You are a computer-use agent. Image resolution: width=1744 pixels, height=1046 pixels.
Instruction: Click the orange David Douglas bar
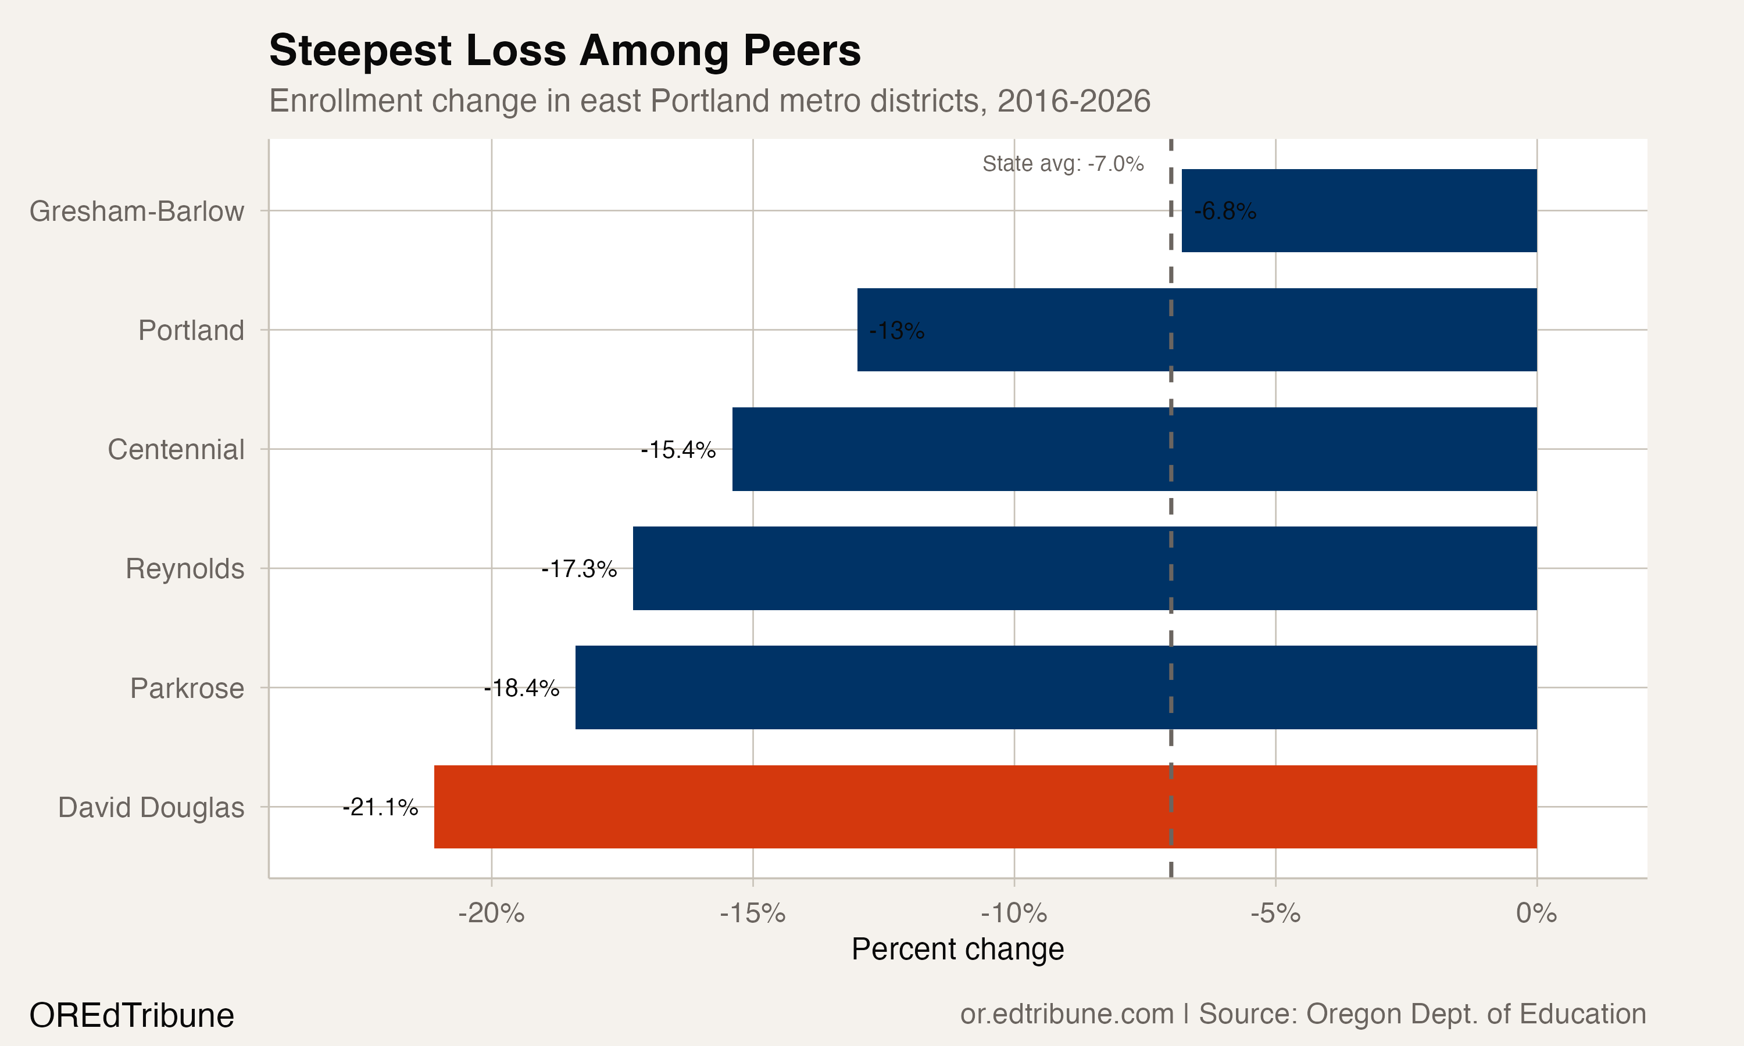coord(985,807)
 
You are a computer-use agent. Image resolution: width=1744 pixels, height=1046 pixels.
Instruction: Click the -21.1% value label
coord(380,807)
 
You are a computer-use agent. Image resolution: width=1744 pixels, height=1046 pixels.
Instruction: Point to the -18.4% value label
coord(521,687)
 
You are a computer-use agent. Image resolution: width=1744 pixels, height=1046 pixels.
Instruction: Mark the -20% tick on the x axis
coord(491,914)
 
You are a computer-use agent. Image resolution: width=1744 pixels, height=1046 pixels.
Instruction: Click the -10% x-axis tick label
coord(1014,914)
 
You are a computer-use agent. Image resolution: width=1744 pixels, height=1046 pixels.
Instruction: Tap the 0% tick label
coord(1536,914)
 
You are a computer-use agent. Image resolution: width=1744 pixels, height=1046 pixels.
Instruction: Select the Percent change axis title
coord(957,949)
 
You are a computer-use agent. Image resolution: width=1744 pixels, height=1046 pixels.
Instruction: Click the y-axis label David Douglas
coord(151,807)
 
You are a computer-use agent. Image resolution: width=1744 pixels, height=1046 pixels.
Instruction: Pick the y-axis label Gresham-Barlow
coord(136,211)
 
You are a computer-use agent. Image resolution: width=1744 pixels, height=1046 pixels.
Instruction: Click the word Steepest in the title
coord(359,51)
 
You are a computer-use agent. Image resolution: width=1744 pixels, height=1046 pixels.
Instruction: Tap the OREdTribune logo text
coord(131,1015)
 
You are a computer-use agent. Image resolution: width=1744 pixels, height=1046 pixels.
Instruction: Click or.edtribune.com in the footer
coord(1067,1013)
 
